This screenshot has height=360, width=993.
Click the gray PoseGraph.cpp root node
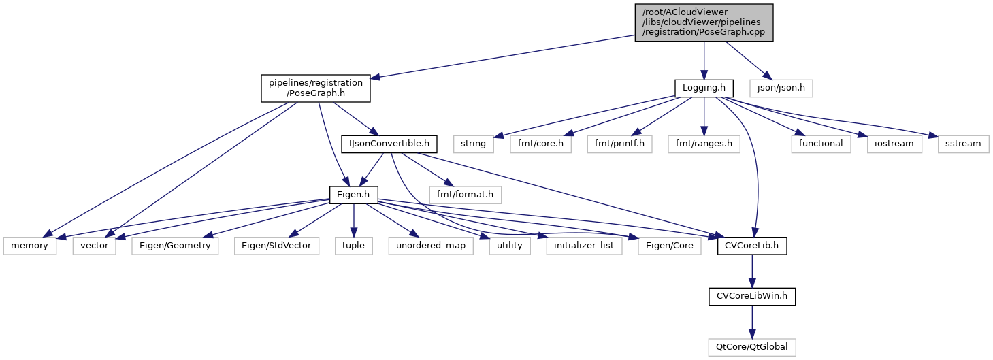(x=704, y=22)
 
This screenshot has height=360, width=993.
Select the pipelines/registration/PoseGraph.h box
(x=316, y=88)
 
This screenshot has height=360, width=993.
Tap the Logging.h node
(x=704, y=88)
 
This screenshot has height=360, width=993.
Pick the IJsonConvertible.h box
(x=389, y=144)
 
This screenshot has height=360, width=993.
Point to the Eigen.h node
(x=353, y=195)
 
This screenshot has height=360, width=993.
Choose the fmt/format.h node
(x=466, y=195)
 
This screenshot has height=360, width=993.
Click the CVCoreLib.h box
(x=752, y=246)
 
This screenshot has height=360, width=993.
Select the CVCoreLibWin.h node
(x=752, y=296)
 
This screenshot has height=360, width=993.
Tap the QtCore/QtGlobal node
(x=752, y=346)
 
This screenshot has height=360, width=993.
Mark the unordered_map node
(x=432, y=246)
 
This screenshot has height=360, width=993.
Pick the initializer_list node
(x=584, y=246)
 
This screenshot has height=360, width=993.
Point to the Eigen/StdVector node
(x=278, y=246)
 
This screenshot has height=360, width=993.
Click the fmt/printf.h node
(x=619, y=144)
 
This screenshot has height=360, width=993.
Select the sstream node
(x=962, y=144)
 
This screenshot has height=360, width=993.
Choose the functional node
(x=821, y=144)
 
